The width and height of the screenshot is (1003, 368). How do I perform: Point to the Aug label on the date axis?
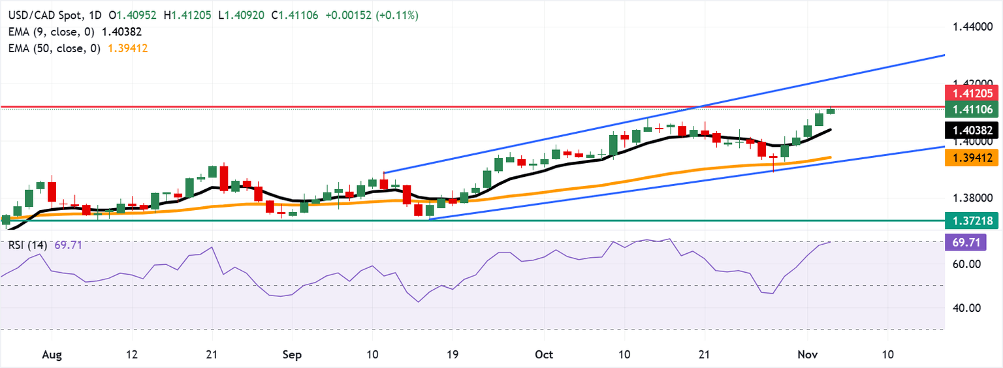coord(52,354)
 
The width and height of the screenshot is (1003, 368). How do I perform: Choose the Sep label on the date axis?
coord(292,354)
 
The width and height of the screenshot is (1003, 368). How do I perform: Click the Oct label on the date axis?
coord(543,354)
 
